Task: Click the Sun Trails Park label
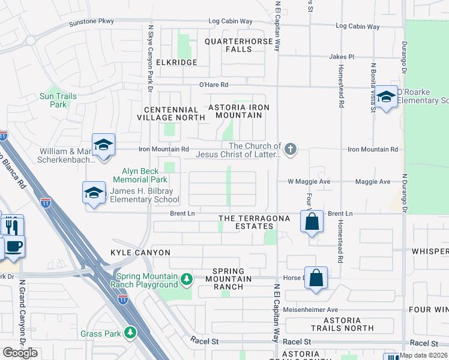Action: tap(58, 100)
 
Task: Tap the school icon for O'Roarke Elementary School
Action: tap(386, 97)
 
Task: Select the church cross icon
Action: tap(291, 149)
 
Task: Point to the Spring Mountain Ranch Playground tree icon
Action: tap(187, 279)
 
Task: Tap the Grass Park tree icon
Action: tap(130, 333)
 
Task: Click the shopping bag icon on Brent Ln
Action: tap(312, 221)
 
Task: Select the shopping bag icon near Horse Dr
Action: tap(316, 278)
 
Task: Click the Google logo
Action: tap(20, 353)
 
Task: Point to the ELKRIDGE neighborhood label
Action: tap(176, 62)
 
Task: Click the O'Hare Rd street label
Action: tap(214, 85)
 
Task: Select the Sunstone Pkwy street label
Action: tap(91, 22)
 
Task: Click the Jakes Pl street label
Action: tap(342, 56)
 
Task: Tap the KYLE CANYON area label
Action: tap(140, 253)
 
